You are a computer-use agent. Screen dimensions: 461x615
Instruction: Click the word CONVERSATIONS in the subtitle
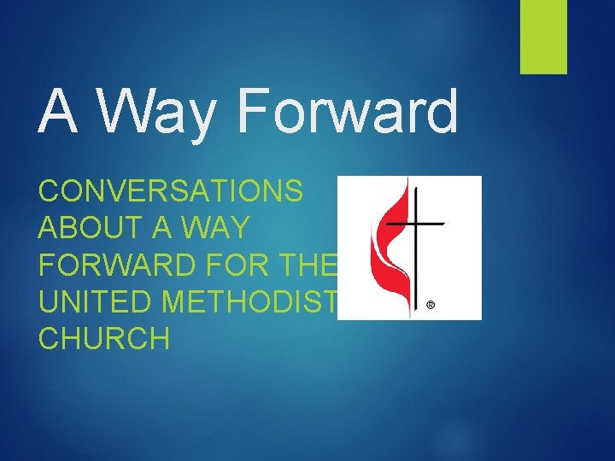tap(171, 190)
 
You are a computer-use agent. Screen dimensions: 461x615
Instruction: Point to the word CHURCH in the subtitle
tap(104, 339)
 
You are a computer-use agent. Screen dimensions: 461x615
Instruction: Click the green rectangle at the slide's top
tap(544, 36)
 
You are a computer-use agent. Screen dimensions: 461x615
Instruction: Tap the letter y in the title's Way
tap(202, 120)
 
